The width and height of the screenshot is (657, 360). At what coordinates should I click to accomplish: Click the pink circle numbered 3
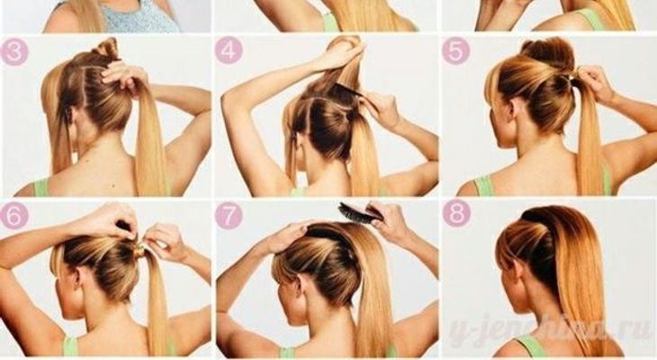click(x=14, y=52)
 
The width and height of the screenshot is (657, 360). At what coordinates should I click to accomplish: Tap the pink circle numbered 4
click(x=229, y=51)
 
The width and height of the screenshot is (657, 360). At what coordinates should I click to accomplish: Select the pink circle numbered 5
click(x=456, y=51)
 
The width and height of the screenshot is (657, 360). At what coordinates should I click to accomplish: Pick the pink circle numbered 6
click(x=14, y=216)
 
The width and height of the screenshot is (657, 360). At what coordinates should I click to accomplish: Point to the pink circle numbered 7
click(x=229, y=216)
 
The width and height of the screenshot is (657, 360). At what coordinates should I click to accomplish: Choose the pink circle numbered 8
click(x=456, y=213)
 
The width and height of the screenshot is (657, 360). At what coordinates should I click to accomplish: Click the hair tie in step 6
click(x=139, y=250)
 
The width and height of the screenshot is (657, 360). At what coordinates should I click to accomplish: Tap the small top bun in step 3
click(x=107, y=49)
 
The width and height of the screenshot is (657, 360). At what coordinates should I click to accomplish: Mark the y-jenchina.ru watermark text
click(x=549, y=327)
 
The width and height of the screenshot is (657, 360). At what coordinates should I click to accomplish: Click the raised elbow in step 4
click(x=229, y=101)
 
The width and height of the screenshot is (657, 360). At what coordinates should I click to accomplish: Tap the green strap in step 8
click(x=529, y=346)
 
